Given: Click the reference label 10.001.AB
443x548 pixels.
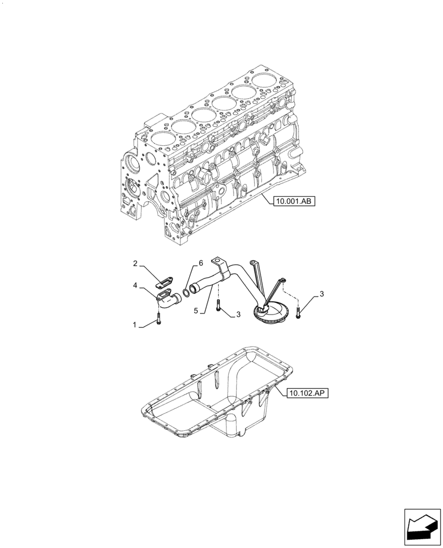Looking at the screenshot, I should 293,202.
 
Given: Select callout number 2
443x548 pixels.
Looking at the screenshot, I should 135,264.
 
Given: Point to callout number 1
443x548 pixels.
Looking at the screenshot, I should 135,325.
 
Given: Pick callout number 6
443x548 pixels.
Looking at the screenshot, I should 201,264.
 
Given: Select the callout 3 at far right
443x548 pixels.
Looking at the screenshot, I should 322,294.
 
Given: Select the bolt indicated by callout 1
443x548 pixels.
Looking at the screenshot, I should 158,318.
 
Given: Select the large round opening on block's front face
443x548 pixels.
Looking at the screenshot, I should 132,163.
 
